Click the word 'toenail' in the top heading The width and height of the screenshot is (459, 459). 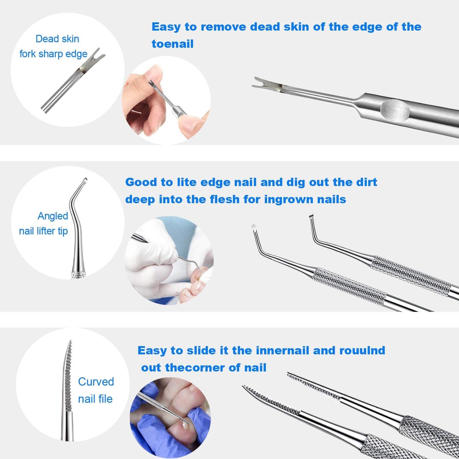point(172,44)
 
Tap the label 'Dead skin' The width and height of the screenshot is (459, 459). point(57,39)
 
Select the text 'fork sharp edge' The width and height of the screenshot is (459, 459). point(53,54)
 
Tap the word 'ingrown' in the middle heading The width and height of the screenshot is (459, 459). point(286,199)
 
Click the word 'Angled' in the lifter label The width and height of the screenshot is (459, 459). point(53,216)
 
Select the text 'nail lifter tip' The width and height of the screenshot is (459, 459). point(44,231)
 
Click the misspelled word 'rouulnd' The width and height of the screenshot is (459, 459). point(362,350)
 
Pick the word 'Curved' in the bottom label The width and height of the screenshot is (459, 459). point(96,381)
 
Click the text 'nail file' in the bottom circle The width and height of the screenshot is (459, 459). point(95,399)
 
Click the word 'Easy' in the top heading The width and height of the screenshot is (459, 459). point(166,27)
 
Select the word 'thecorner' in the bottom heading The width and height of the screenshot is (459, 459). point(195,368)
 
